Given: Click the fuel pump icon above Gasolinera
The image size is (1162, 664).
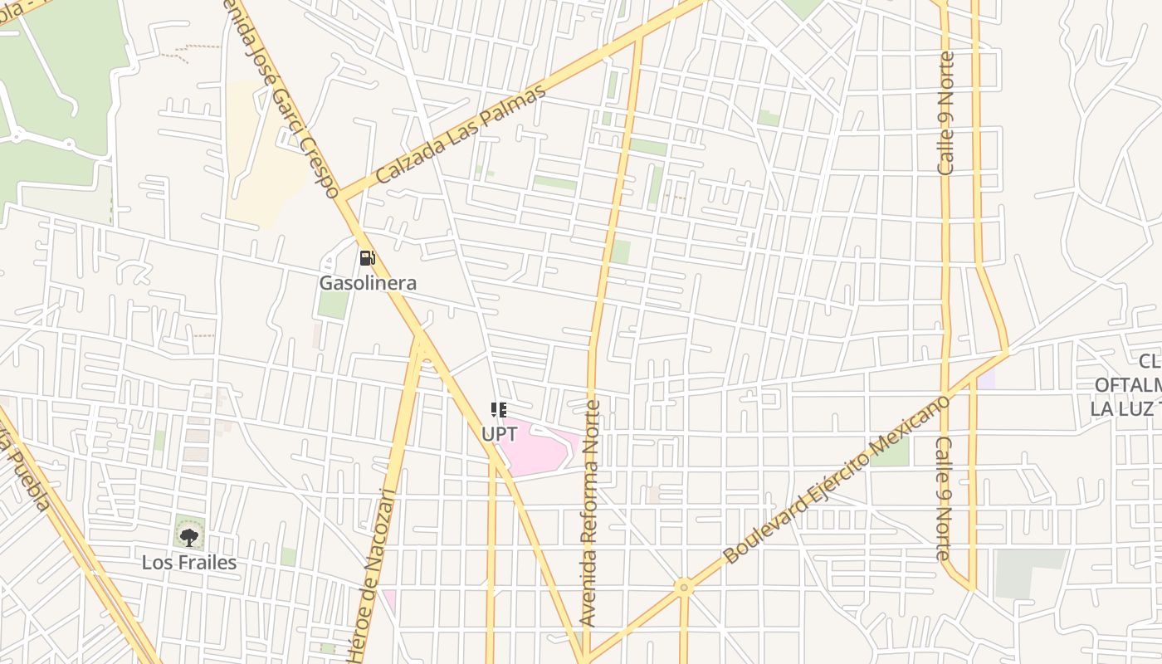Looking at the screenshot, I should pyautogui.click(x=367, y=258).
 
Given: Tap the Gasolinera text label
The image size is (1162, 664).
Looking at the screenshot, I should pyautogui.click(x=368, y=283).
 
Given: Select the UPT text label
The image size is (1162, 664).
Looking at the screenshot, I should pyautogui.click(x=499, y=433).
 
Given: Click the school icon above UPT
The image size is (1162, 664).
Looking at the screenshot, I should pyautogui.click(x=498, y=409).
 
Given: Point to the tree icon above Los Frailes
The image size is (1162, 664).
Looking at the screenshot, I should pyautogui.click(x=189, y=537).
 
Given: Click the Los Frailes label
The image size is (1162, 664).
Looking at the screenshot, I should pyautogui.click(x=189, y=562).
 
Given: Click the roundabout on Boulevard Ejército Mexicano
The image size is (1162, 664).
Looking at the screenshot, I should pyautogui.click(x=684, y=588).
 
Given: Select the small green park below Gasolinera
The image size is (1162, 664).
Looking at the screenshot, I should pyautogui.click(x=334, y=305).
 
